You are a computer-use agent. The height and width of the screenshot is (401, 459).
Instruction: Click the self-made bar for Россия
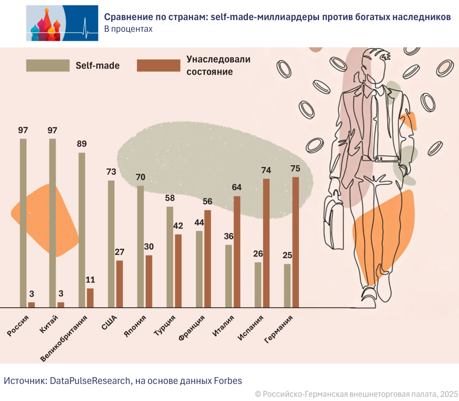[x=23, y=223]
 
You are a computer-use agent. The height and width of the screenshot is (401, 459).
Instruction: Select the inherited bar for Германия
[x=295, y=242]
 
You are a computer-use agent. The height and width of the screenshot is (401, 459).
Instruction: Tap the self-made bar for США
[x=111, y=244]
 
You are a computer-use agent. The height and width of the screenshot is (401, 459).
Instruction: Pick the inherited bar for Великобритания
[x=90, y=298]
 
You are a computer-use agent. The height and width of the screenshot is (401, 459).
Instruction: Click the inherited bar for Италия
[x=237, y=251]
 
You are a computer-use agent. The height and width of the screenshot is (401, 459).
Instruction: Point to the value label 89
[x=82, y=144]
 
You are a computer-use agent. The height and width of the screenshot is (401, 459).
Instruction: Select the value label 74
[x=266, y=170]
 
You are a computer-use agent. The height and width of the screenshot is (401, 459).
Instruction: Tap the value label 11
[x=90, y=280]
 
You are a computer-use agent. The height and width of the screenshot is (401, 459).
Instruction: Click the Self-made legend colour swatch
[x=48, y=65]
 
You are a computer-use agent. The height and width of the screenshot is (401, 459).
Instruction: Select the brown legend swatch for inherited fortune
[x=158, y=65]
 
